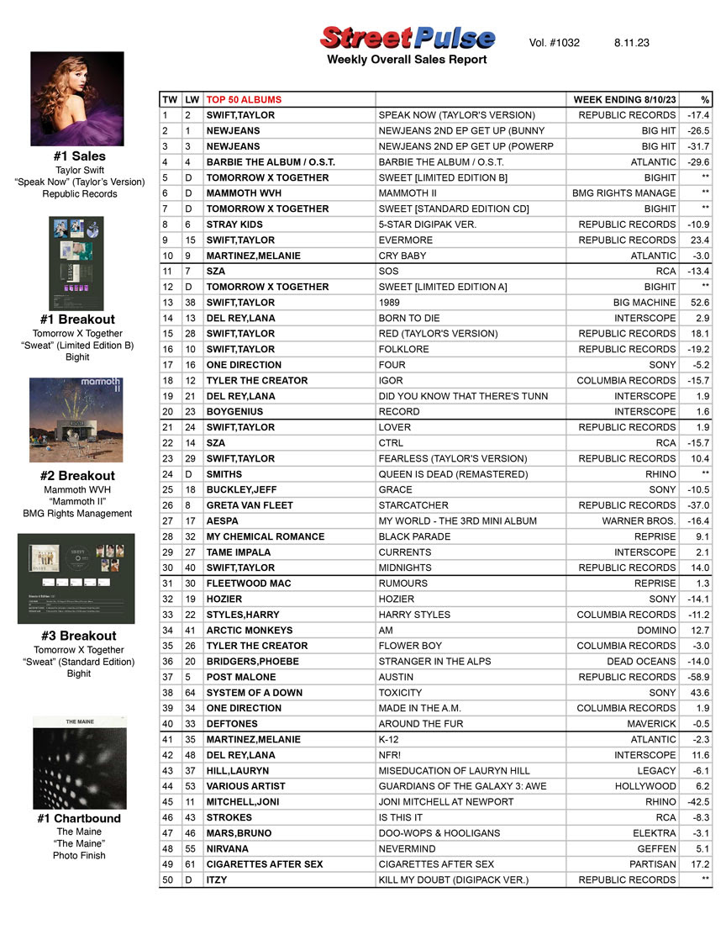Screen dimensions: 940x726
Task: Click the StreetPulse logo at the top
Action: point(407,38)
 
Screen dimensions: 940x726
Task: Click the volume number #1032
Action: point(555,43)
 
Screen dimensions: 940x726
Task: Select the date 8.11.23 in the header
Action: point(631,43)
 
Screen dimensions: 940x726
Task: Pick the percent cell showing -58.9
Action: point(698,677)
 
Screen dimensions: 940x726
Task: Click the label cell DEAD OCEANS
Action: point(641,662)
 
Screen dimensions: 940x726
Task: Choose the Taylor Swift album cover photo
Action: point(77,98)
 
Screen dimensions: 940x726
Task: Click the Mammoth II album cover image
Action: point(76,420)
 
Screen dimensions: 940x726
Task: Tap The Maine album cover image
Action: point(79,763)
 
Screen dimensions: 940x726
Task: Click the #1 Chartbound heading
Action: point(79,818)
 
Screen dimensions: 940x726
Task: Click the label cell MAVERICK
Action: point(651,724)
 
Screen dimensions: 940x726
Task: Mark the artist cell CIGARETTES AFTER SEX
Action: point(265,864)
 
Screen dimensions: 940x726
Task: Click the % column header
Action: point(704,99)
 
